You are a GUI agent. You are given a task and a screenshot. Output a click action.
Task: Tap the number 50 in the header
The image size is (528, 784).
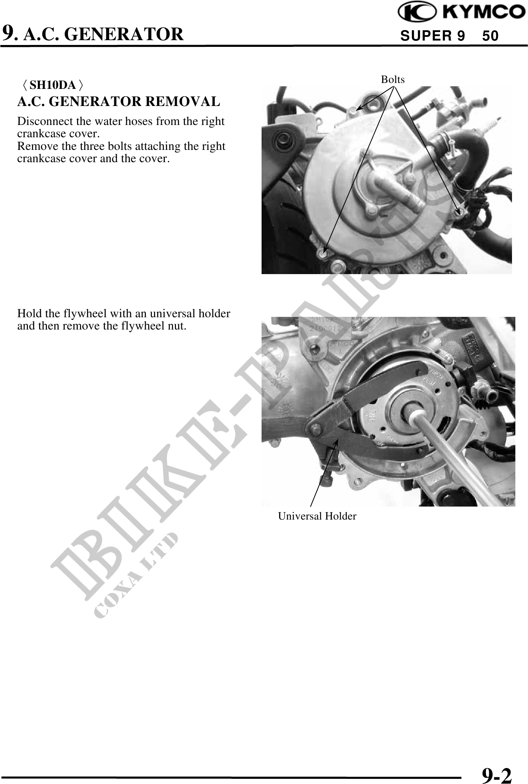pyautogui.click(x=490, y=36)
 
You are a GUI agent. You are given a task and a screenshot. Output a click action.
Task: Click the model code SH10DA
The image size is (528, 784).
pyautogui.click(x=53, y=85)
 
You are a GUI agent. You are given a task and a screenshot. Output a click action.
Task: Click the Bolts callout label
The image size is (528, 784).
pyautogui.click(x=393, y=80)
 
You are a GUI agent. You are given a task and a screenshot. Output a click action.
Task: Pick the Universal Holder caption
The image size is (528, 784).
pyautogui.click(x=317, y=516)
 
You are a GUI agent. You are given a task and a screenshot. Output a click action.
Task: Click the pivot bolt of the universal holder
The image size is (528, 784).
pyautogui.click(x=316, y=431)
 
